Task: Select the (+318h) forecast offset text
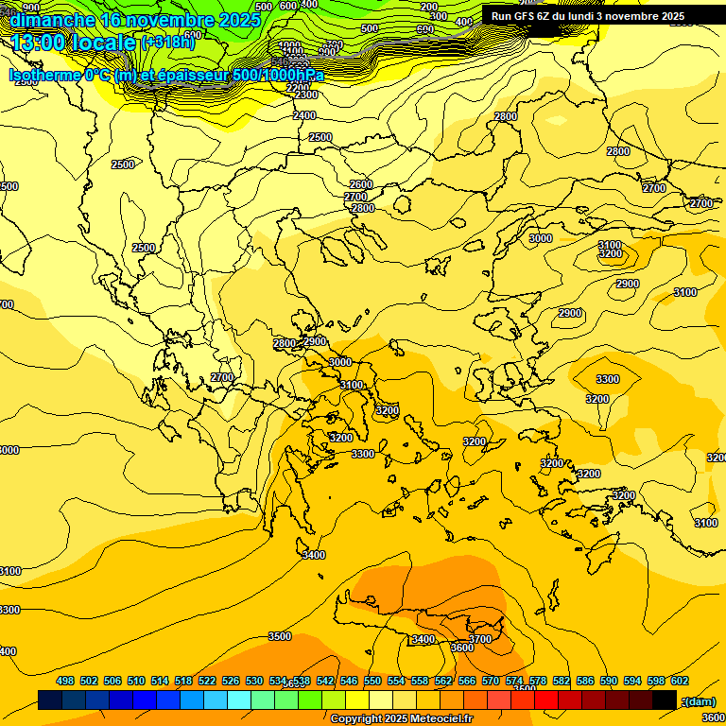[x=167, y=42]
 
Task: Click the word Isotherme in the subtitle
[x=43, y=76]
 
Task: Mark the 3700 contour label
[x=480, y=639]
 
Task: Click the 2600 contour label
[x=361, y=184]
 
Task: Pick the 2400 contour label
[x=304, y=115]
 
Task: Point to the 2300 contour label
[x=306, y=95]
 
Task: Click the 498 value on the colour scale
[x=65, y=681]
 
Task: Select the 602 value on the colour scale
[x=680, y=681]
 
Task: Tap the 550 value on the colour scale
[x=372, y=681]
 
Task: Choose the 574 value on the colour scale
[x=514, y=681]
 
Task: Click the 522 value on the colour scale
[x=207, y=681]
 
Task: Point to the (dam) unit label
[x=699, y=700]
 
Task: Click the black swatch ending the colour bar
[x=665, y=700]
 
